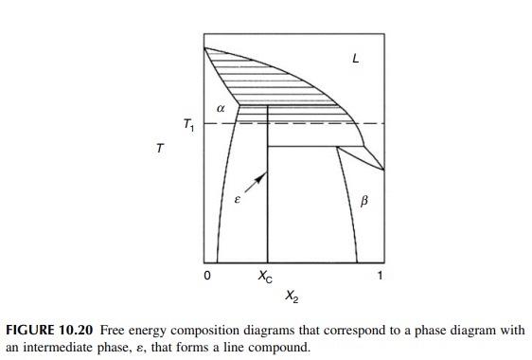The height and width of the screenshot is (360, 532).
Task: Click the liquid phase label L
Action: coord(355,58)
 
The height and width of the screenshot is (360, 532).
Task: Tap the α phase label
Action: coord(221,109)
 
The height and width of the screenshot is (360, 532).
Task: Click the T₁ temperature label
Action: coord(188,124)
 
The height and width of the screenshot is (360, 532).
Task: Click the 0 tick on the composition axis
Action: coord(206,276)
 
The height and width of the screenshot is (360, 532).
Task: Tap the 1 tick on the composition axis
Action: coord(381,276)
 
